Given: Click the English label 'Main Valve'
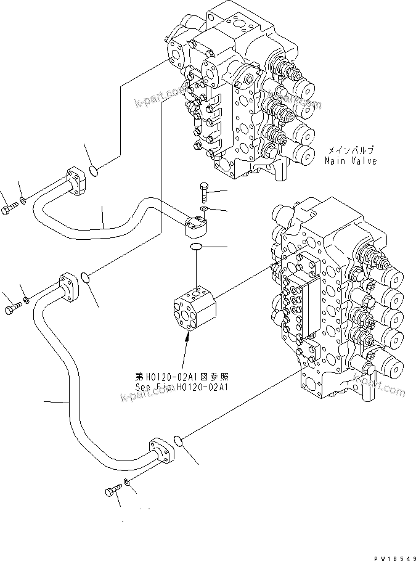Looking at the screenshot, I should coord(351,161).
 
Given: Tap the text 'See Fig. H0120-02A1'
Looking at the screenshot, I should coord(182,387).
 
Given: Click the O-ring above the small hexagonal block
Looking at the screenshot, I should coord(195,247).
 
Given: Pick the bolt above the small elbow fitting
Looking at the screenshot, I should coord(205,190).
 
